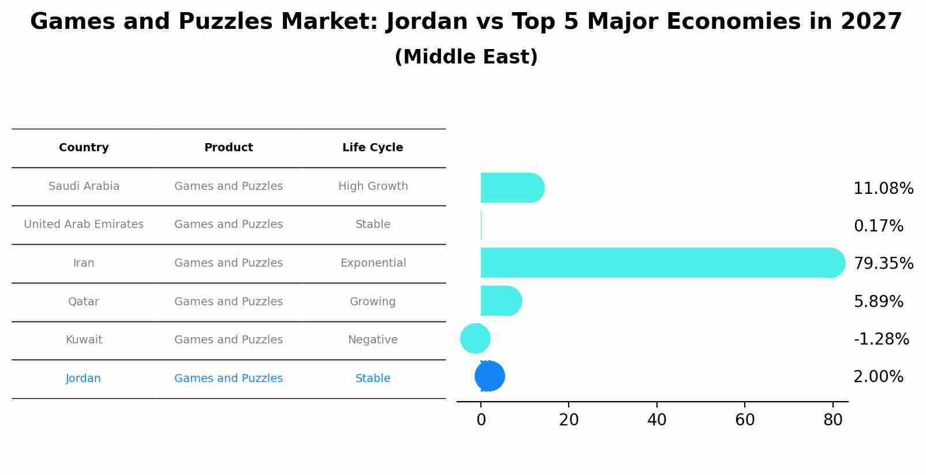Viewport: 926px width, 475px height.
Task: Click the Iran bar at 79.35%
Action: [x=658, y=263]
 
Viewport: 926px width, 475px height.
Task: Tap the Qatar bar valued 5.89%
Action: [x=500, y=301]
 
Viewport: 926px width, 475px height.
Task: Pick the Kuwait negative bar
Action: [x=475, y=339]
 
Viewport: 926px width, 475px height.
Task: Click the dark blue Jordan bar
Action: [x=490, y=376]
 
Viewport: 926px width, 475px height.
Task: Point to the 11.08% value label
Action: [x=883, y=189]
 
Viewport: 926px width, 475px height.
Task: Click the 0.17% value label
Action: [x=878, y=226]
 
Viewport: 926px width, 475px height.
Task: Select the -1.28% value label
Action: [x=881, y=339]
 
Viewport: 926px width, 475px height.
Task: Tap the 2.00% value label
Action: [x=878, y=377]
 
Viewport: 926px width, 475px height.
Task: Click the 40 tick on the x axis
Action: [x=656, y=420]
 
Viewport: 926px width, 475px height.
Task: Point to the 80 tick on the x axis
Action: [x=832, y=420]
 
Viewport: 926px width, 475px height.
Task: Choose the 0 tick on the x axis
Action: [x=481, y=420]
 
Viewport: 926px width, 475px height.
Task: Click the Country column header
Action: [x=84, y=148]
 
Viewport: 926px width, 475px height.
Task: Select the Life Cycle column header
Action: [x=372, y=148]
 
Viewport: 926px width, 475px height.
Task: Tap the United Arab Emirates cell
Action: [x=84, y=225]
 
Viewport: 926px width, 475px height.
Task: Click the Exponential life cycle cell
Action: [x=373, y=263]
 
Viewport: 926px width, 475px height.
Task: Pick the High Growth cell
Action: [x=373, y=186]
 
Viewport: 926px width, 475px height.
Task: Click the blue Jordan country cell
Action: [x=83, y=379]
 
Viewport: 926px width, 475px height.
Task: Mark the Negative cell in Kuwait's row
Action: [x=372, y=340]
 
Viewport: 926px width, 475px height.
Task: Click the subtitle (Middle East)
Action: [x=466, y=57]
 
